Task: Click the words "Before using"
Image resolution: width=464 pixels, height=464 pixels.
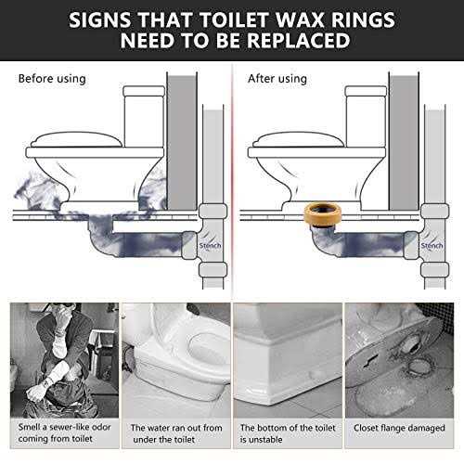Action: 52,79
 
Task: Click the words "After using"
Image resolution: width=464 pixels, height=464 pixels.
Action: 277,79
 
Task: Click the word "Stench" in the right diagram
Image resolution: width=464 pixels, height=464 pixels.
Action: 432,246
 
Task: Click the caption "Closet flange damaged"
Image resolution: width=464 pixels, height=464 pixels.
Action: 399,428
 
